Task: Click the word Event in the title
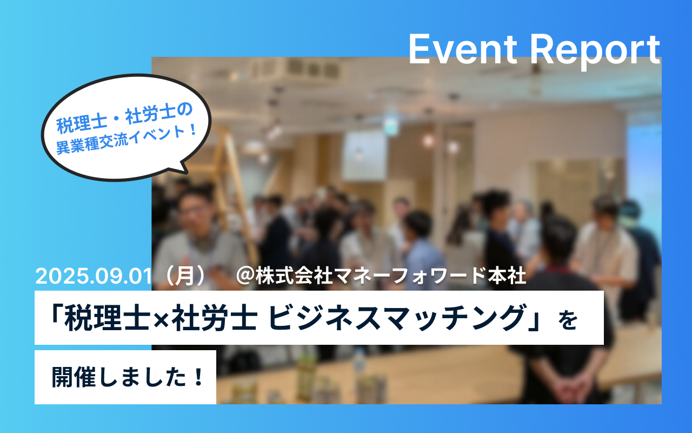pos(463,49)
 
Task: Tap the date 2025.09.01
pos(94,276)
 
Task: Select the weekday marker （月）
pos(185,275)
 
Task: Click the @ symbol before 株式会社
pos(245,276)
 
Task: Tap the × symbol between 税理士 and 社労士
pos(161,318)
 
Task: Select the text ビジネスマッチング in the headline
pos(396,318)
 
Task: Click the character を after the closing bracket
pos(568,320)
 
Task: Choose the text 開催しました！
pos(127,377)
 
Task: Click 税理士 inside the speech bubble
pos(82,124)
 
